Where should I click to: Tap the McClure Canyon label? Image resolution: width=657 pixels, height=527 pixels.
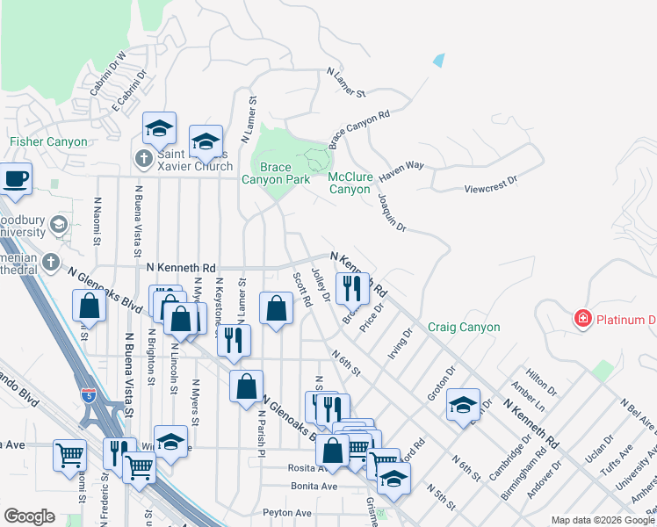tap(350, 183)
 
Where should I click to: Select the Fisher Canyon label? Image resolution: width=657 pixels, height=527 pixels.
tap(48, 141)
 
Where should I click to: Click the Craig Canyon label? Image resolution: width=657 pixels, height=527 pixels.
tap(464, 328)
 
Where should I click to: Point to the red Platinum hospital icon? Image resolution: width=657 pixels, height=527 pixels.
tap(581, 319)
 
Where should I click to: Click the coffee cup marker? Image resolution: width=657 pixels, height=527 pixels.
tap(17, 178)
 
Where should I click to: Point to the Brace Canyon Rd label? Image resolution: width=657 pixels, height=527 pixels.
tap(358, 129)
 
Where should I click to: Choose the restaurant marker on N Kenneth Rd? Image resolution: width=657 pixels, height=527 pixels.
tap(352, 286)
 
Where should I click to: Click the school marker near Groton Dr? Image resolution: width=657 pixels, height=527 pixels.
tap(463, 405)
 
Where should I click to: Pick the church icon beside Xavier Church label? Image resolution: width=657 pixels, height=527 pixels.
tap(145, 159)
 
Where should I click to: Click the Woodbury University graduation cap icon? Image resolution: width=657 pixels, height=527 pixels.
tap(59, 225)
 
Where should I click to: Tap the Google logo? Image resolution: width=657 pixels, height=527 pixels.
tap(29, 516)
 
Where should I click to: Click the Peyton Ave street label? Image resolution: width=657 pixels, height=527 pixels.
tap(286, 512)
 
